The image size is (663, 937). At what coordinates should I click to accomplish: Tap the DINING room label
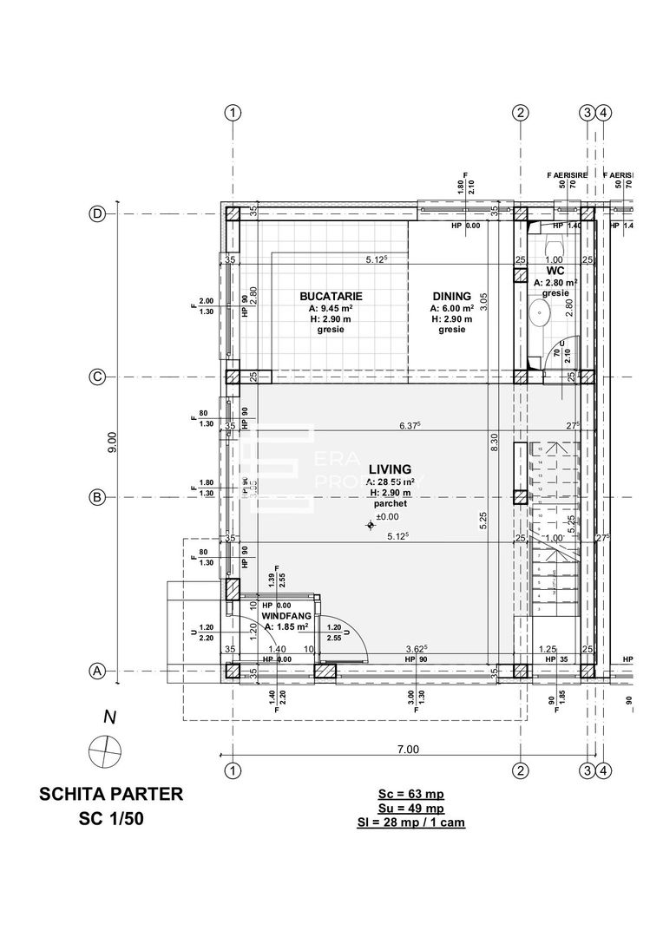451,296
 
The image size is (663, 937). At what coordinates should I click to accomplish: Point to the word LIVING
390,469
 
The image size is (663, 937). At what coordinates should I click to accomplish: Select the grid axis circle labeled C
98,377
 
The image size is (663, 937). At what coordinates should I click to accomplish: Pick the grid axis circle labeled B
98,497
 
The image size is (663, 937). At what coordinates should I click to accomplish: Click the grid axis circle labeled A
98,671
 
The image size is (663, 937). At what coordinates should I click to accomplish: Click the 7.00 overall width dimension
408,750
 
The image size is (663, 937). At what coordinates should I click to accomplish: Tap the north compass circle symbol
104,748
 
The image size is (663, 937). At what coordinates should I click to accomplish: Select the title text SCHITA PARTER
111,794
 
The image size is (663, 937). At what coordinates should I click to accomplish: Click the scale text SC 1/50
111,818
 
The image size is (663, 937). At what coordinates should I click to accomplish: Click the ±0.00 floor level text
386,516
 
